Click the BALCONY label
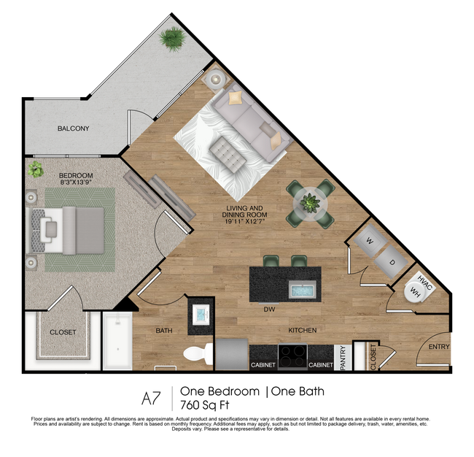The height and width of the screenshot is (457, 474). tap(73, 128)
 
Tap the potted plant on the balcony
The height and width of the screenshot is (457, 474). tap(174, 38)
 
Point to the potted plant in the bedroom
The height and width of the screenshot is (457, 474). tap(35, 170)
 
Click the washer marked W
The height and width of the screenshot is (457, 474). tap(370, 240)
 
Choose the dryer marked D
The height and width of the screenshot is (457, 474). tap(391, 261)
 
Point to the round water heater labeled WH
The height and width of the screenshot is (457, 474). tap(416, 293)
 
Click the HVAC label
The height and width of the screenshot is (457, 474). tap(426, 282)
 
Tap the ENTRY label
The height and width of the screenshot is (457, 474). tap(438, 347)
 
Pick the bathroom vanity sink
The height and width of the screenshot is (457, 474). tap(201, 315)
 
